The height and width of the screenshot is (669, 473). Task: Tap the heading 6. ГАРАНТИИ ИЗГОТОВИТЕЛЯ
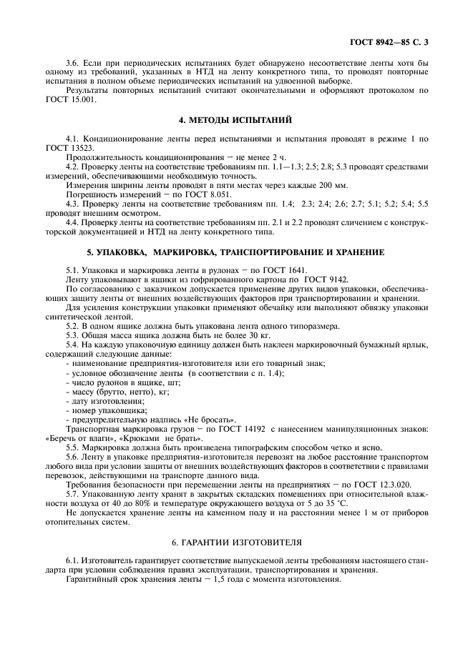pos(236,544)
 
